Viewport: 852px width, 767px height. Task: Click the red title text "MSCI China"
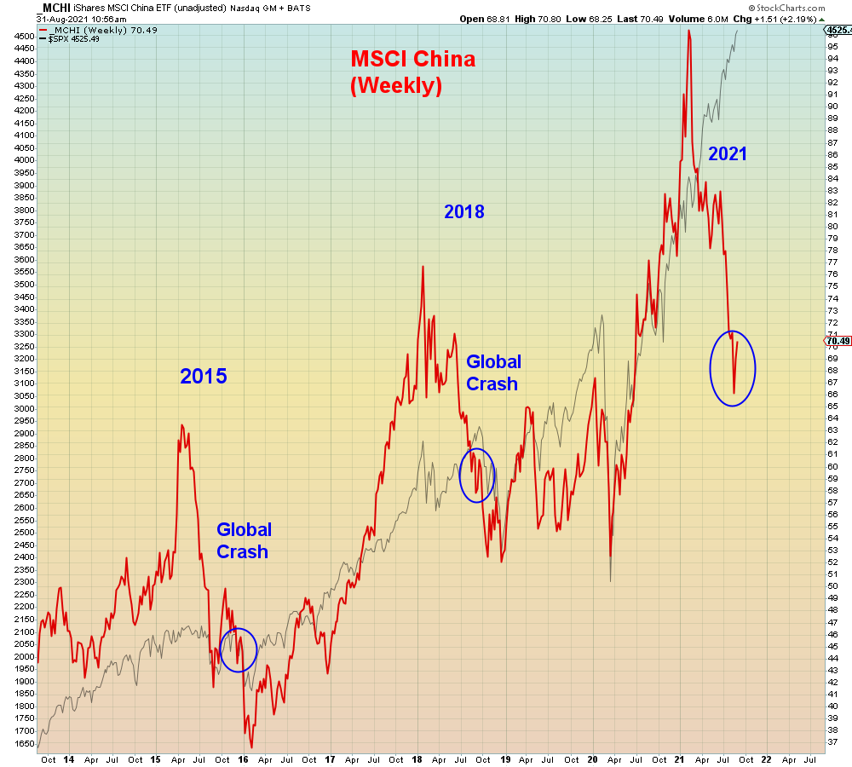[413, 59]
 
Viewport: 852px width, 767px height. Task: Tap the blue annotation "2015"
[204, 376]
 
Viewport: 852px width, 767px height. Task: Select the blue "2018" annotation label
[464, 211]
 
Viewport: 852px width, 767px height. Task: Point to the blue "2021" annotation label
[727, 154]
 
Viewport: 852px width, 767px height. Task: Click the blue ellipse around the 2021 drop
[711, 368]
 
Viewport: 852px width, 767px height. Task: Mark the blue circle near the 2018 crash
[460, 476]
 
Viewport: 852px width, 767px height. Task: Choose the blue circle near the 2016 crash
[220, 650]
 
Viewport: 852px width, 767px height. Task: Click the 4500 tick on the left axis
[24, 37]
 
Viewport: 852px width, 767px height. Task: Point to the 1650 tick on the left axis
[24, 744]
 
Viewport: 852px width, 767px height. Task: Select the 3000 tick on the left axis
[24, 408]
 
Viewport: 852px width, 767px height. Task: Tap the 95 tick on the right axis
[832, 47]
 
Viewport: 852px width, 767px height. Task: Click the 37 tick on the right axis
[832, 741]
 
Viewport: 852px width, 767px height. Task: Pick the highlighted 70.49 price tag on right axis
[838, 341]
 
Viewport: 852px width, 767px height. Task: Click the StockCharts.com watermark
[786, 8]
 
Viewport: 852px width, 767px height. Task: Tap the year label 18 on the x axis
[417, 759]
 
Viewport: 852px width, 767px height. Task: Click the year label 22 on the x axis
[766, 759]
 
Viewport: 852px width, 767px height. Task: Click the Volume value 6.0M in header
[717, 19]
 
